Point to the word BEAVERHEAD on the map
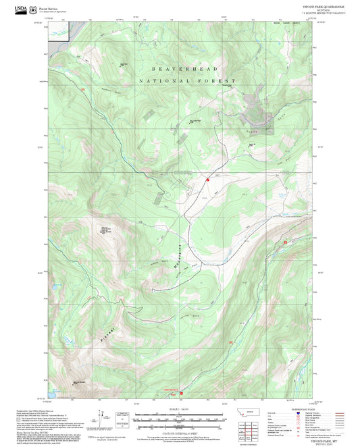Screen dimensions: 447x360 pyautogui.click(x=180, y=69)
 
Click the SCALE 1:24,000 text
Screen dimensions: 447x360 pyautogui.click(x=180, y=409)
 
